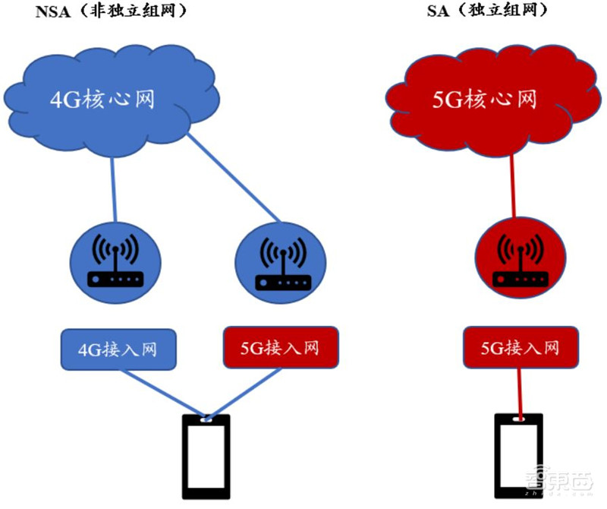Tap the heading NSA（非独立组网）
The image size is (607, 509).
click(111, 11)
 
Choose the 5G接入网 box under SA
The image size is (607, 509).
click(521, 349)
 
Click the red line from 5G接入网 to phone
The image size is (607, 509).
click(520, 391)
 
